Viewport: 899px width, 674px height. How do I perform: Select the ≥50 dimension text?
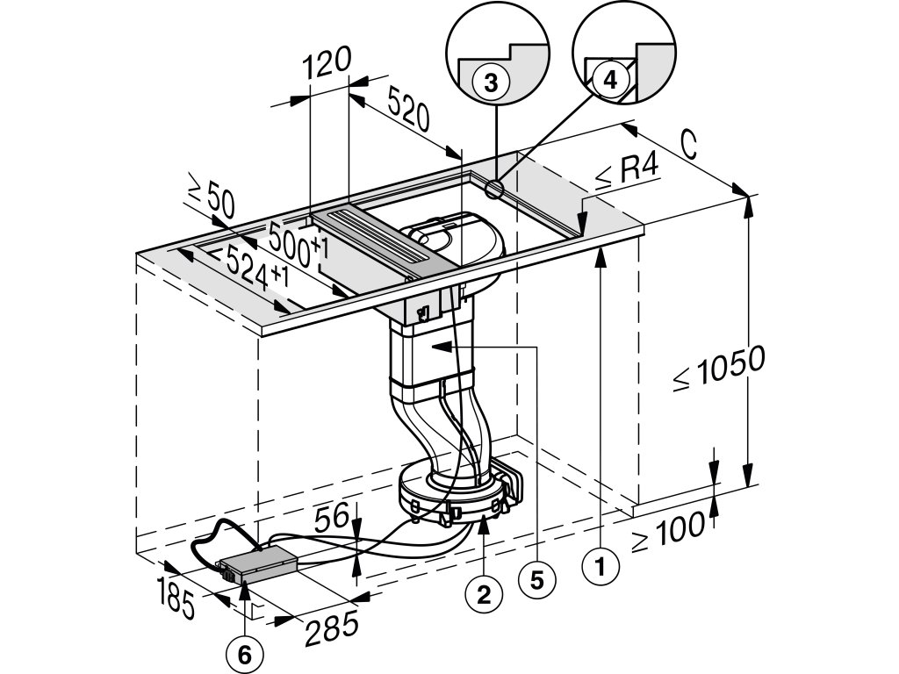(x=211, y=198)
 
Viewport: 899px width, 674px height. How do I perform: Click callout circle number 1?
(x=600, y=569)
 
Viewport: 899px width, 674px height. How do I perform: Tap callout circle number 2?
(x=483, y=594)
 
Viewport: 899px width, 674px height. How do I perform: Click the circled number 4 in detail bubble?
(x=610, y=78)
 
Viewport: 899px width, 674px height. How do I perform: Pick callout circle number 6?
(x=244, y=652)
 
